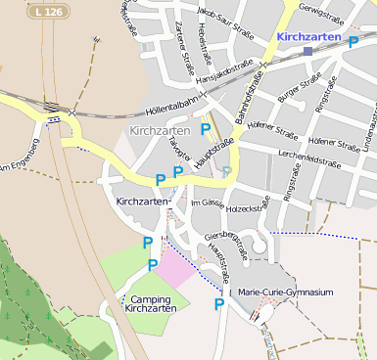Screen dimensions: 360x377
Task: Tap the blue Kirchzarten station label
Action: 308,36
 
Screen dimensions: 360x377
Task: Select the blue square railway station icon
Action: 307,50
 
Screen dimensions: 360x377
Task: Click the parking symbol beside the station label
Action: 353,42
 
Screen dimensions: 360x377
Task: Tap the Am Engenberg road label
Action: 17,168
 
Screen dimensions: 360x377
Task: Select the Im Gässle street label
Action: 207,202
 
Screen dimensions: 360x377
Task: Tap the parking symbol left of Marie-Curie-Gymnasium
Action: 219,304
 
